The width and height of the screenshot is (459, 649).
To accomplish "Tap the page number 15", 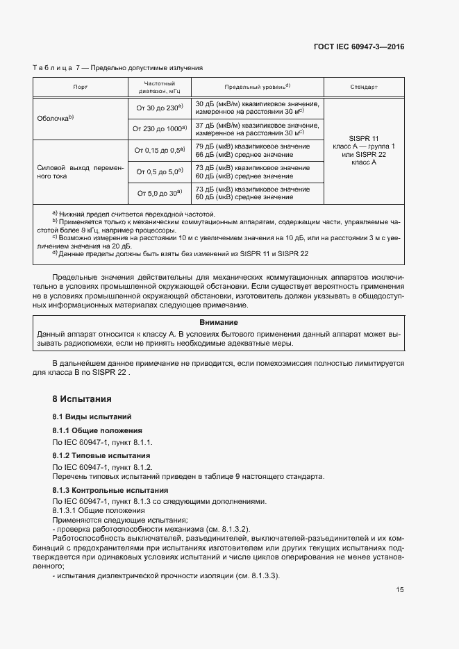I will coord(400,590).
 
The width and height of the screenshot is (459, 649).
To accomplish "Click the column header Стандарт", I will coord(364,87).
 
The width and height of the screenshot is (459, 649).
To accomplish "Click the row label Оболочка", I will coord(55,119).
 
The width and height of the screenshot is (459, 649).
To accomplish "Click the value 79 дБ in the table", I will coord(206,146).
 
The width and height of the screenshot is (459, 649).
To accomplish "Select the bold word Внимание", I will coord(219,323).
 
